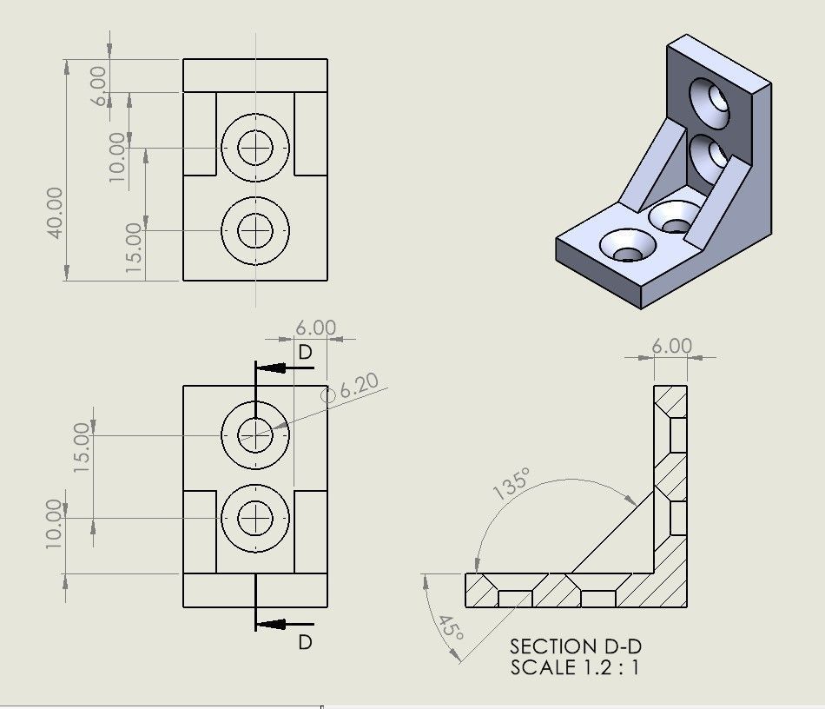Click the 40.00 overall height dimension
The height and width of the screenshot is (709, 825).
point(55,213)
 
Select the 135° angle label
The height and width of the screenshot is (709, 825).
point(511,484)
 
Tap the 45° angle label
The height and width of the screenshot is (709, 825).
point(449,627)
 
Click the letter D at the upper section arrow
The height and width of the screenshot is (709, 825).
point(305,353)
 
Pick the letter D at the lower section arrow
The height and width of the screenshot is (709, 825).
point(305,642)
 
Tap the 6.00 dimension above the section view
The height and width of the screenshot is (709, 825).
point(671,346)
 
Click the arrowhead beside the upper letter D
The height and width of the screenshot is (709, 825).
point(274,368)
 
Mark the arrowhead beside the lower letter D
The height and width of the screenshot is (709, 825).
point(274,623)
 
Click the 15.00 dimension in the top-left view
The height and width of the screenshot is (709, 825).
point(134,248)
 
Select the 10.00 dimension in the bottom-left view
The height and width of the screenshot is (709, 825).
point(54,523)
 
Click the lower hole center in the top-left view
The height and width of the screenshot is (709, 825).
point(255,230)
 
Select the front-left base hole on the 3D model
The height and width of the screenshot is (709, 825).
point(622,245)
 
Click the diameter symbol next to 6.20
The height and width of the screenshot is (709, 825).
point(328,395)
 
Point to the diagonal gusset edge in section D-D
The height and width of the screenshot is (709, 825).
point(612,531)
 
